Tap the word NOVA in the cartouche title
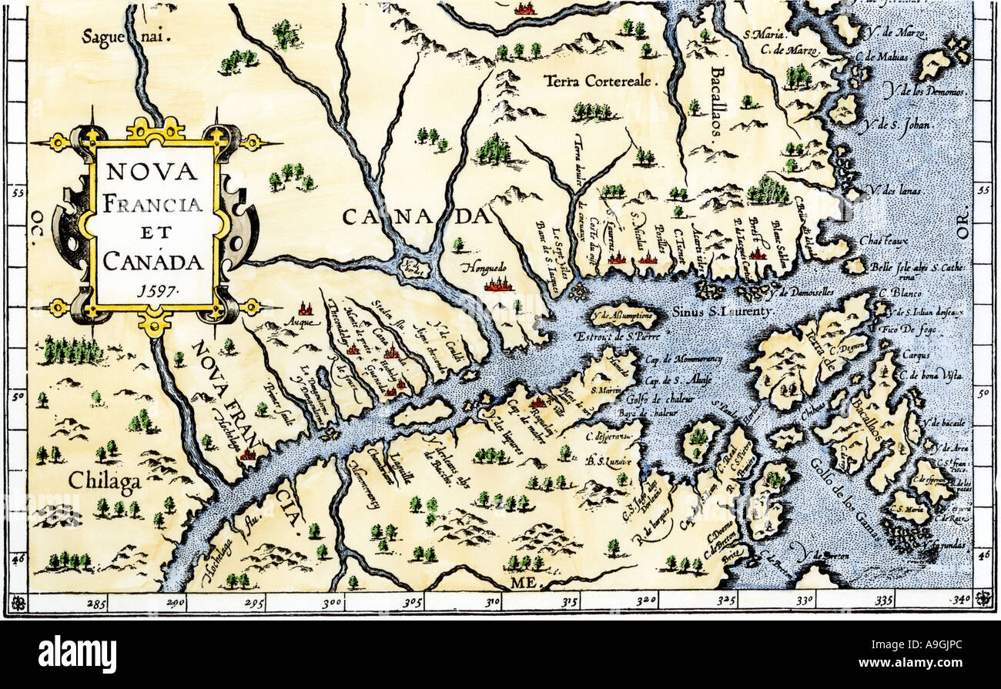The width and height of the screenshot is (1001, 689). tap(152, 171)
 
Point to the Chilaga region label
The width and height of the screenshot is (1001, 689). tap(105, 482)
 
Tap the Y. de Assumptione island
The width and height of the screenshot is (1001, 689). tap(622, 315)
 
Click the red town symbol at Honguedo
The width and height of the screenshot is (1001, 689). tap(497, 286)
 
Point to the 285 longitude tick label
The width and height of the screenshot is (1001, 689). tap(95, 604)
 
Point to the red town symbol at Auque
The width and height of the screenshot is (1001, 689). tap(306, 309)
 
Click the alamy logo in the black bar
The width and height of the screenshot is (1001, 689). tap(77, 655)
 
